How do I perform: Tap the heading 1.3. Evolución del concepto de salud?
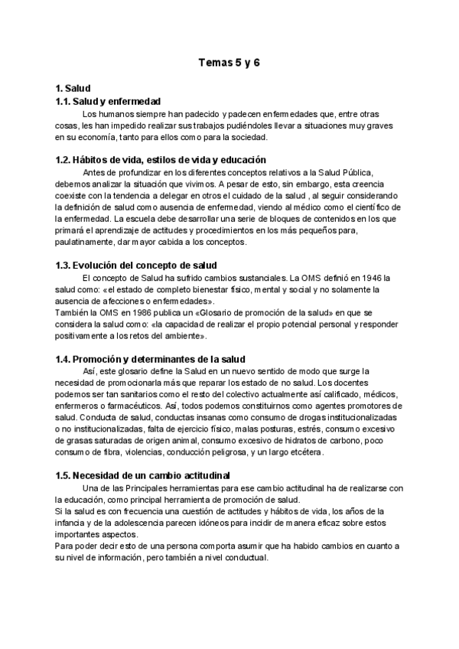137,265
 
